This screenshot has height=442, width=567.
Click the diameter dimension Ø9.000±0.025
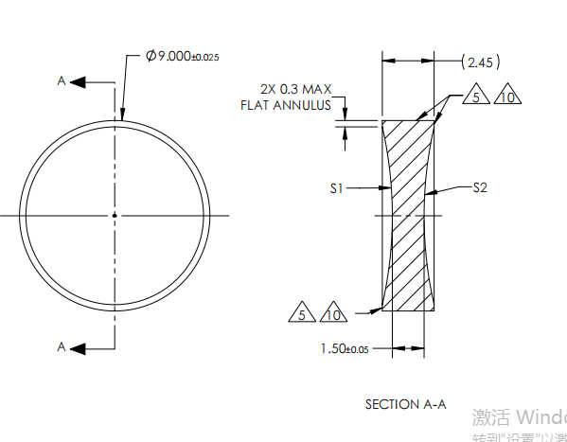point(182,57)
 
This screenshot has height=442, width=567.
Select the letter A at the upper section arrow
point(62,81)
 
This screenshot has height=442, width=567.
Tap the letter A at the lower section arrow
point(62,347)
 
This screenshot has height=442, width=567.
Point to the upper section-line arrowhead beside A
point(79,81)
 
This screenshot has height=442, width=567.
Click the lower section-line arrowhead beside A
point(79,347)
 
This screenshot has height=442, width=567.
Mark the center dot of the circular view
point(115,215)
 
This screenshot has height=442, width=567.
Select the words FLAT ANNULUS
point(285,105)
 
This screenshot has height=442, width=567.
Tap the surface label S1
point(335,189)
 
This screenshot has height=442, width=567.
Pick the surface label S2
point(480,188)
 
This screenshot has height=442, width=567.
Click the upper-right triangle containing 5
point(480,97)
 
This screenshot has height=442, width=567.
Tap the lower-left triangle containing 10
point(332,314)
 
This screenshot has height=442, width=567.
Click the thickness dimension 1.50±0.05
point(344,348)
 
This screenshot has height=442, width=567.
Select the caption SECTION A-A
point(405,404)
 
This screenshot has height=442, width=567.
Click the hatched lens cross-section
point(409,213)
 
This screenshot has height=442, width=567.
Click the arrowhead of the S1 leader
point(387,189)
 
